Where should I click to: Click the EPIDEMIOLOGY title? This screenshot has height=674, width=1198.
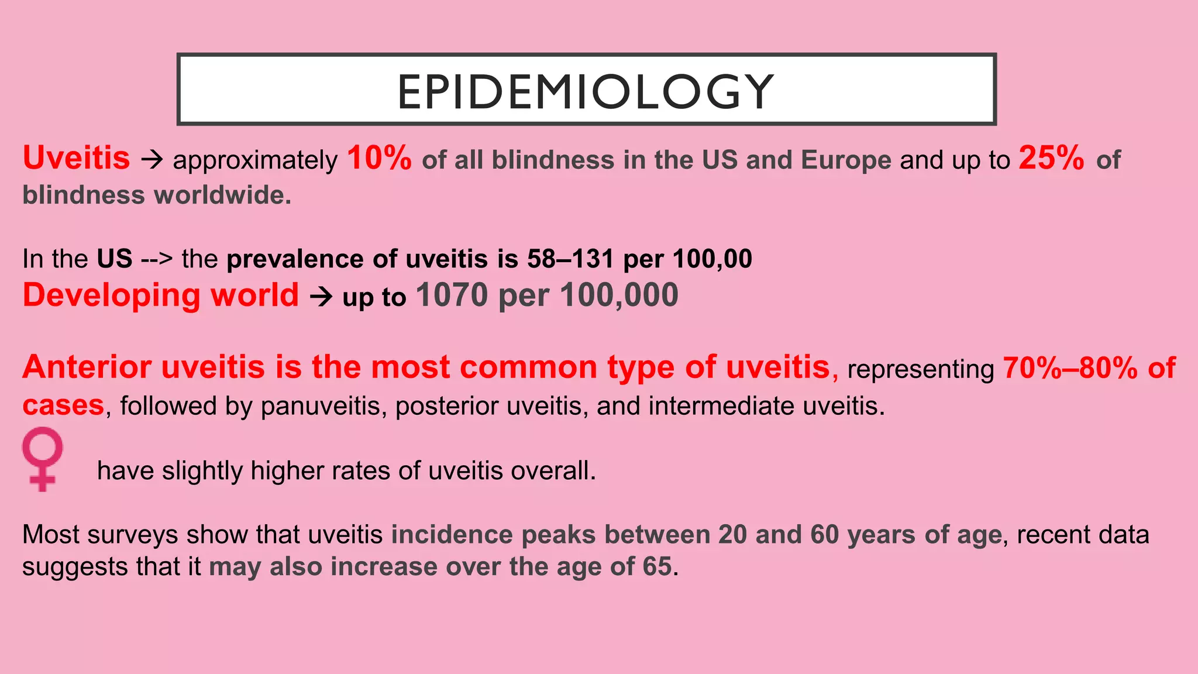[586, 91]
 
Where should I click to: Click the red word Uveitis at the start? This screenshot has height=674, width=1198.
[76, 158]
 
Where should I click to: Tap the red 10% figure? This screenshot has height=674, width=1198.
[379, 158]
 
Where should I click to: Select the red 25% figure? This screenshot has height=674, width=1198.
[1051, 158]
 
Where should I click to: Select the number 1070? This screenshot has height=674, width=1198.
[452, 295]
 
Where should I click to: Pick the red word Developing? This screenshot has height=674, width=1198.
[111, 296]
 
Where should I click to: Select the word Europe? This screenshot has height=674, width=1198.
[846, 160]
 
